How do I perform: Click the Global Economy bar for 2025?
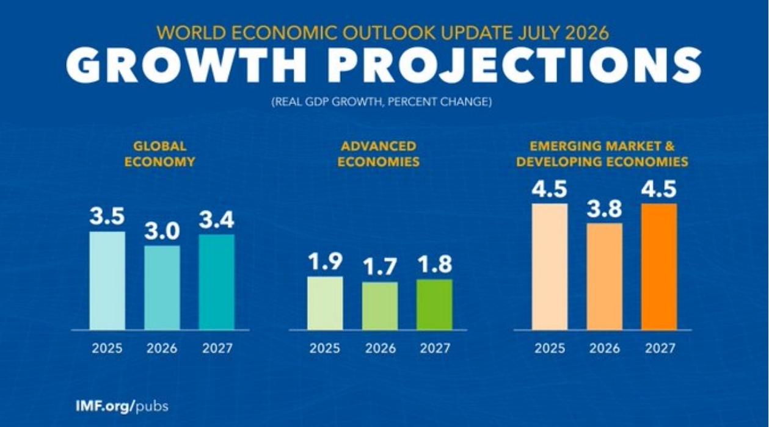point(108,281)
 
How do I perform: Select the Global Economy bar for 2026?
point(162,288)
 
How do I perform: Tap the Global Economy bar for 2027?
point(217,282)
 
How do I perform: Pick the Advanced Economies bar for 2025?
point(325,303)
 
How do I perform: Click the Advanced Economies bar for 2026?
point(380,306)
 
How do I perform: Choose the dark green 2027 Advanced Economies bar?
point(435,304)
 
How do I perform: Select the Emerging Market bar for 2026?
point(605,277)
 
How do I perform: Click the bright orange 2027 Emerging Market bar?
point(659,267)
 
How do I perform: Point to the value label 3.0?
point(162,231)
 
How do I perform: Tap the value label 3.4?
point(217,220)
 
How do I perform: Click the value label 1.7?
point(380,267)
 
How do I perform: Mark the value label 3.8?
point(605,209)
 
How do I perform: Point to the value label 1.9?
point(325,262)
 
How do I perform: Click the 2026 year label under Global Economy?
point(162,348)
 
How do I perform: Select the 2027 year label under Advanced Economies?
point(435,348)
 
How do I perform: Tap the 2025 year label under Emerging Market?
point(550,348)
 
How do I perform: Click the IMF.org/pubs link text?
point(122,406)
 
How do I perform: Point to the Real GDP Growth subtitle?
point(382,102)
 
